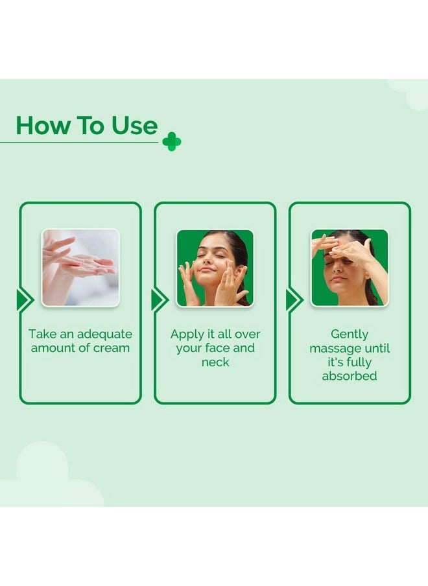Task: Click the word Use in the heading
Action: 135,125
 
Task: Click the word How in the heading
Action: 43,125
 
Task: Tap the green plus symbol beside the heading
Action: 172,142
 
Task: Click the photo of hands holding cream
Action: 80,268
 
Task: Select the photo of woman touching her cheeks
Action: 215,268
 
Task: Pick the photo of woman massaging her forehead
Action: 350,268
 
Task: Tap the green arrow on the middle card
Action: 160,299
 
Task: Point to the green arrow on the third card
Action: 294,299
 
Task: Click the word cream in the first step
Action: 112,348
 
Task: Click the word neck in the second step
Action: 215,362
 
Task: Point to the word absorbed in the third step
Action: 350,375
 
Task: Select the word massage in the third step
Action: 334,349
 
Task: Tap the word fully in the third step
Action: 359,362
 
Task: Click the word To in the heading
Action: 90,125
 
